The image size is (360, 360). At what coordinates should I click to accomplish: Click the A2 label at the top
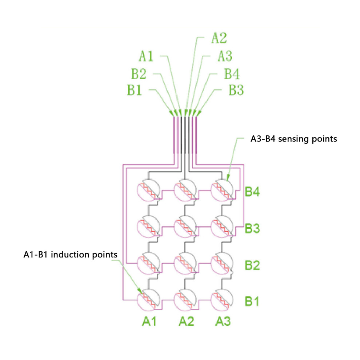coord(219,38)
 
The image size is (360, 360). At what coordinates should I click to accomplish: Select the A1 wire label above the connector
coord(146,56)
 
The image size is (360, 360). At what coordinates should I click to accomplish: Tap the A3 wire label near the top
coord(225,56)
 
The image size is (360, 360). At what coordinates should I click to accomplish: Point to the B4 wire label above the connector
coord(231,74)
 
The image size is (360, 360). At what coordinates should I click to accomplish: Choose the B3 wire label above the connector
coord(236,90)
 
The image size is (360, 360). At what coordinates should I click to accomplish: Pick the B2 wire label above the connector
coord(139,74)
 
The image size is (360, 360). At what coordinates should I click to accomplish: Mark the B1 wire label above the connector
coord(135,90)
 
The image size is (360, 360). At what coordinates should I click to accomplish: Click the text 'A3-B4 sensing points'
coord(294,139)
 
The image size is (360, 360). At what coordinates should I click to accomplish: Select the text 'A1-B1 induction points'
coord(70,255)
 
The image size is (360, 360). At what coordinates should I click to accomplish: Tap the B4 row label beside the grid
coord(252,192)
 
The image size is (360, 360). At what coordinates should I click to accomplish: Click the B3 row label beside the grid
coord(252,228)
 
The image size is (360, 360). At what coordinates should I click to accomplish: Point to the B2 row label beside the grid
coord(252,265)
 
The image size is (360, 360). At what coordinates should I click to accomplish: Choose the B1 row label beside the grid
coord(252,301)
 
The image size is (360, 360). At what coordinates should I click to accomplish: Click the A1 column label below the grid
coord(149,321)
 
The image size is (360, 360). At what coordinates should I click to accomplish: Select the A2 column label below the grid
coord(186,321)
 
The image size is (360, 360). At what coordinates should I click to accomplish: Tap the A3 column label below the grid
coord(223,321)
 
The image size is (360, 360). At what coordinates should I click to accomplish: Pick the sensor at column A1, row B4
coord(148,190)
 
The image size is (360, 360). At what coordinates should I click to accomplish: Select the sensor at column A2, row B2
coord(185,263)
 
